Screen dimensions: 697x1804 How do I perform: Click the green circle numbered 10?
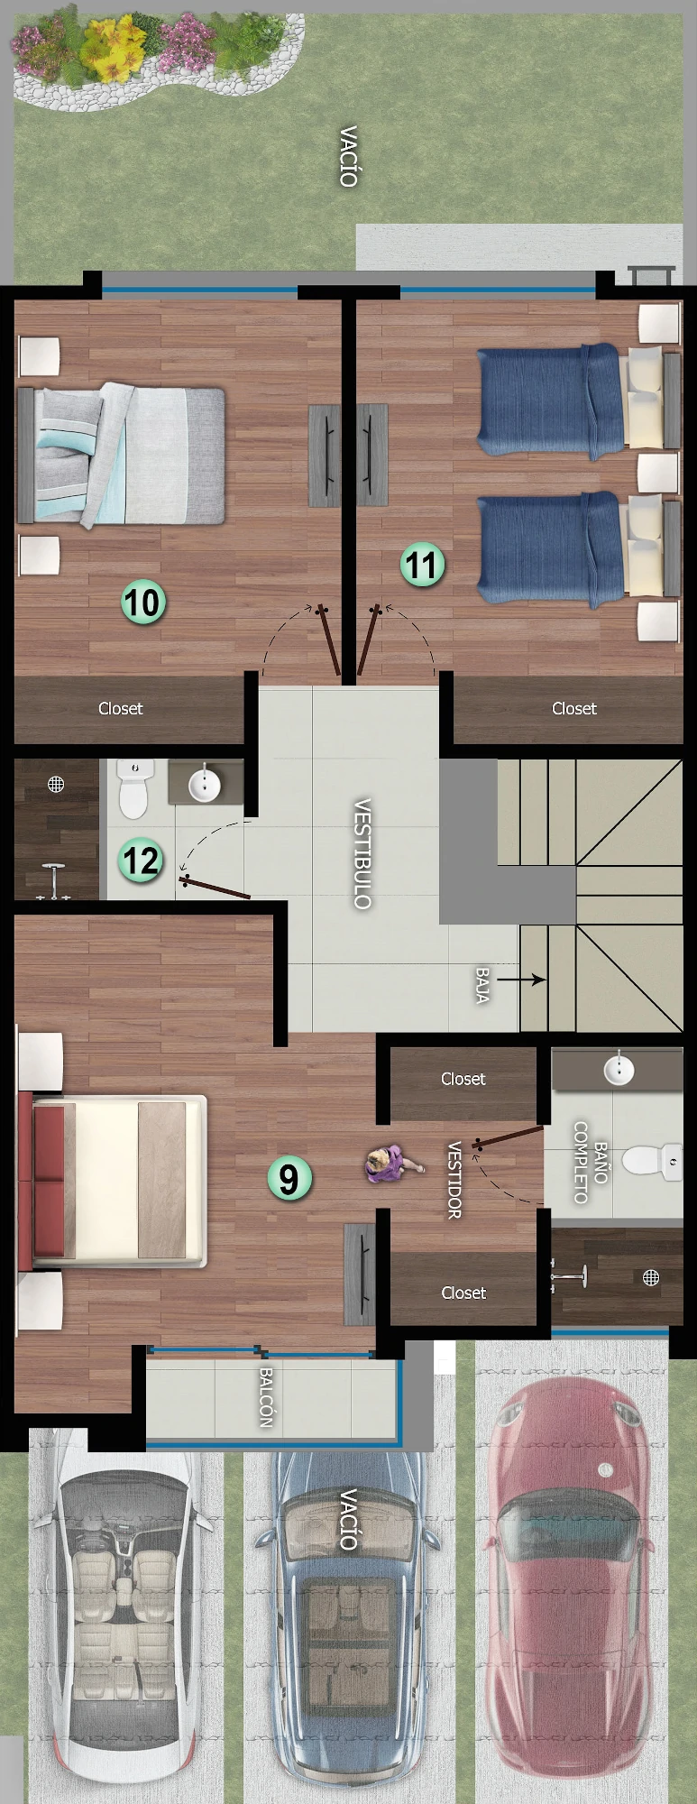click(143, 603)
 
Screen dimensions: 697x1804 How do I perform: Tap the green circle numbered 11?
click(423, 565)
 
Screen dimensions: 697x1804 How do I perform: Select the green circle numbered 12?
click(141, 860)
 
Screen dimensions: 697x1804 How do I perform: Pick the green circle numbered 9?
click(289, 1178)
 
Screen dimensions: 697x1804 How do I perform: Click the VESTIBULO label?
click(362, 853)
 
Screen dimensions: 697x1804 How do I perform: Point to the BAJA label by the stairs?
click(482, 985)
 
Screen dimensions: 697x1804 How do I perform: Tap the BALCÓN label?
click(266, 1397)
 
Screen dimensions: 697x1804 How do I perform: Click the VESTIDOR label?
click(454, 1180)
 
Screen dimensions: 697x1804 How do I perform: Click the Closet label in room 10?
click(121, 709)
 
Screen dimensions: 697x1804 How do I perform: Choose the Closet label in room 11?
click(574, 709)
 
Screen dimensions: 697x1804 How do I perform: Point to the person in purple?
click(392, 1164)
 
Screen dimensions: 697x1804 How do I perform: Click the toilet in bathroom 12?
click(134, 788)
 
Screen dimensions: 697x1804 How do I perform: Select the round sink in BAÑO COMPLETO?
click(619, 1070)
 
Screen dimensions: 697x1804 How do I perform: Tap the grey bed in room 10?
click(122, 456)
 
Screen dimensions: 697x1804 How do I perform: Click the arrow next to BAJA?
click(521, 979)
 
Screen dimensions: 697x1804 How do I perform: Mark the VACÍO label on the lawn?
click(349, 157)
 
